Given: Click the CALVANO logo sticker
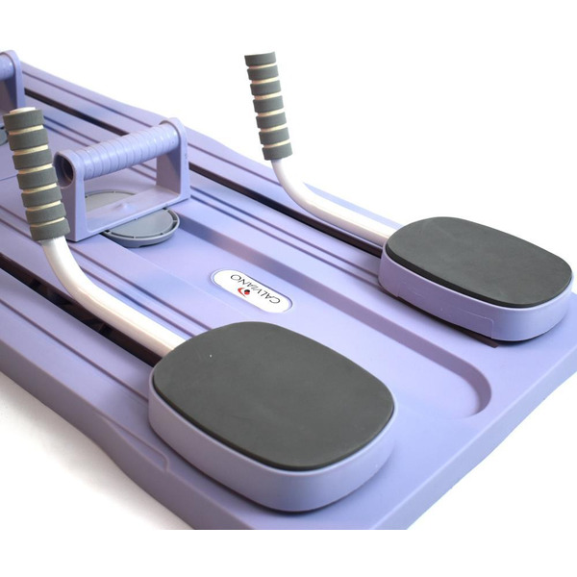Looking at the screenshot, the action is [x=251, y=291].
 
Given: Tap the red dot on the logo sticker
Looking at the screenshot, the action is [x=247, y=293].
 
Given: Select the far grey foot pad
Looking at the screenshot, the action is [x=478, y=258].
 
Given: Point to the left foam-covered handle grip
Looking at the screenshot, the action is [x=37, y=174].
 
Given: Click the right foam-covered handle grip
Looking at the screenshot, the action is [x=268, y=105].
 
